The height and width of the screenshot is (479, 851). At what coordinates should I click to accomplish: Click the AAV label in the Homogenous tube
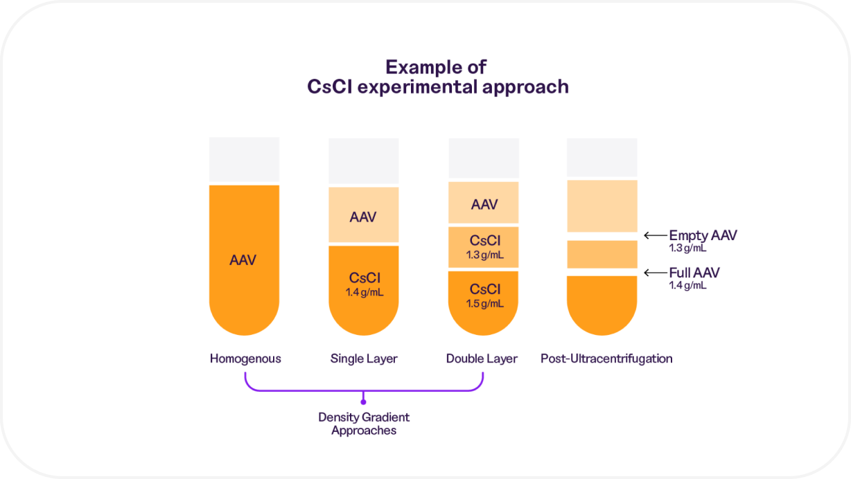243,261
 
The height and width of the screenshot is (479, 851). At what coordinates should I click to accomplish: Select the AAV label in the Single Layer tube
363,217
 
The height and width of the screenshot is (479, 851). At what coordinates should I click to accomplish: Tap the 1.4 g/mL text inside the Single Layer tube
364,292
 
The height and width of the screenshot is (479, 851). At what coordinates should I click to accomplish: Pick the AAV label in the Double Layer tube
484,204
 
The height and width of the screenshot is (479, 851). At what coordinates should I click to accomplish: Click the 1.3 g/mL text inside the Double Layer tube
484,255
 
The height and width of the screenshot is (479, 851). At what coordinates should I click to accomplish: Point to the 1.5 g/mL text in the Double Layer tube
484,303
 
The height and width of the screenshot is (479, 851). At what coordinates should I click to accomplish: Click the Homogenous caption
245,359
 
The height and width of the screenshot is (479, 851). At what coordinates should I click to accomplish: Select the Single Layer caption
364,359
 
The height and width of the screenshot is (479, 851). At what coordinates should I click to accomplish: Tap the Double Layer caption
482,359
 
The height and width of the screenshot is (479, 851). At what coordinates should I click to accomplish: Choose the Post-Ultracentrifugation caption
606,359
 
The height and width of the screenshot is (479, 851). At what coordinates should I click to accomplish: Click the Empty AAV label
703,235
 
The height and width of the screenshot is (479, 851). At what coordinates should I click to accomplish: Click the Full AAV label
694,273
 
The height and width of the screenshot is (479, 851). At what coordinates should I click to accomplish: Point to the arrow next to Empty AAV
654,235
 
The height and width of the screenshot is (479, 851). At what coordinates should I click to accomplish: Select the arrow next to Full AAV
654,273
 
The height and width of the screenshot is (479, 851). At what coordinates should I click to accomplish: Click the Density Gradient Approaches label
364,424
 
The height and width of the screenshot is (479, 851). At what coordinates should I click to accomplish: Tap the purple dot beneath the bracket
364,400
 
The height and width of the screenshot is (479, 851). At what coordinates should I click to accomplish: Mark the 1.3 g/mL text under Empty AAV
688,248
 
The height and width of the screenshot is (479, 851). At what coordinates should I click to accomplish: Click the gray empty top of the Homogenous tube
244,159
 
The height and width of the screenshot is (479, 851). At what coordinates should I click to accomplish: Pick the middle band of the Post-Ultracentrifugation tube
602,254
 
